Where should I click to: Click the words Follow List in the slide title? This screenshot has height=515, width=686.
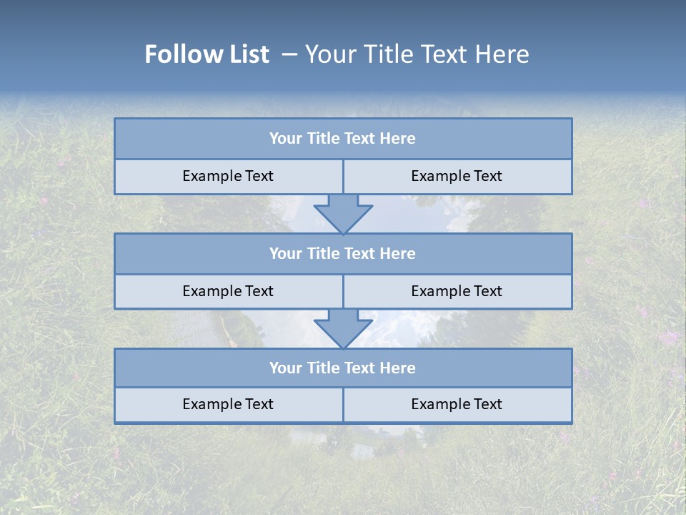point(207,54)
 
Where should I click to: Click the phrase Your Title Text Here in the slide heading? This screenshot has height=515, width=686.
point(417,54)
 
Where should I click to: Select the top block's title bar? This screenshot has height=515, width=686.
point(343,139)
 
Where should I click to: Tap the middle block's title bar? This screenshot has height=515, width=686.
point(343,253)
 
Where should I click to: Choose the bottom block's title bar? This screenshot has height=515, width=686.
point(343,368)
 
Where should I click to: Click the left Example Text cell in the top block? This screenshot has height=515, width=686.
point(228,176)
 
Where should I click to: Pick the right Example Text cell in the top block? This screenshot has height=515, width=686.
point(457,176)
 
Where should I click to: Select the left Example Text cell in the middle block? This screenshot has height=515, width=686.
point(228,291)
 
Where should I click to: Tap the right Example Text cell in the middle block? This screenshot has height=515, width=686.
point(457,291)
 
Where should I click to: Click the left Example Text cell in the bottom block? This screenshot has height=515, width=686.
point(228,404)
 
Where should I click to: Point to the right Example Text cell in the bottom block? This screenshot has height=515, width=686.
point(457,404)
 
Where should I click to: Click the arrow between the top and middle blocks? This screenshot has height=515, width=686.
point(343,213)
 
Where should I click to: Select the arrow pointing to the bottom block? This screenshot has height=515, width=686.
point(343,328)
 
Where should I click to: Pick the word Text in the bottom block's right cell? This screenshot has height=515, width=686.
point(487,404)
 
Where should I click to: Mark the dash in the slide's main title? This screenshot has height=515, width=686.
point(289,54)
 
